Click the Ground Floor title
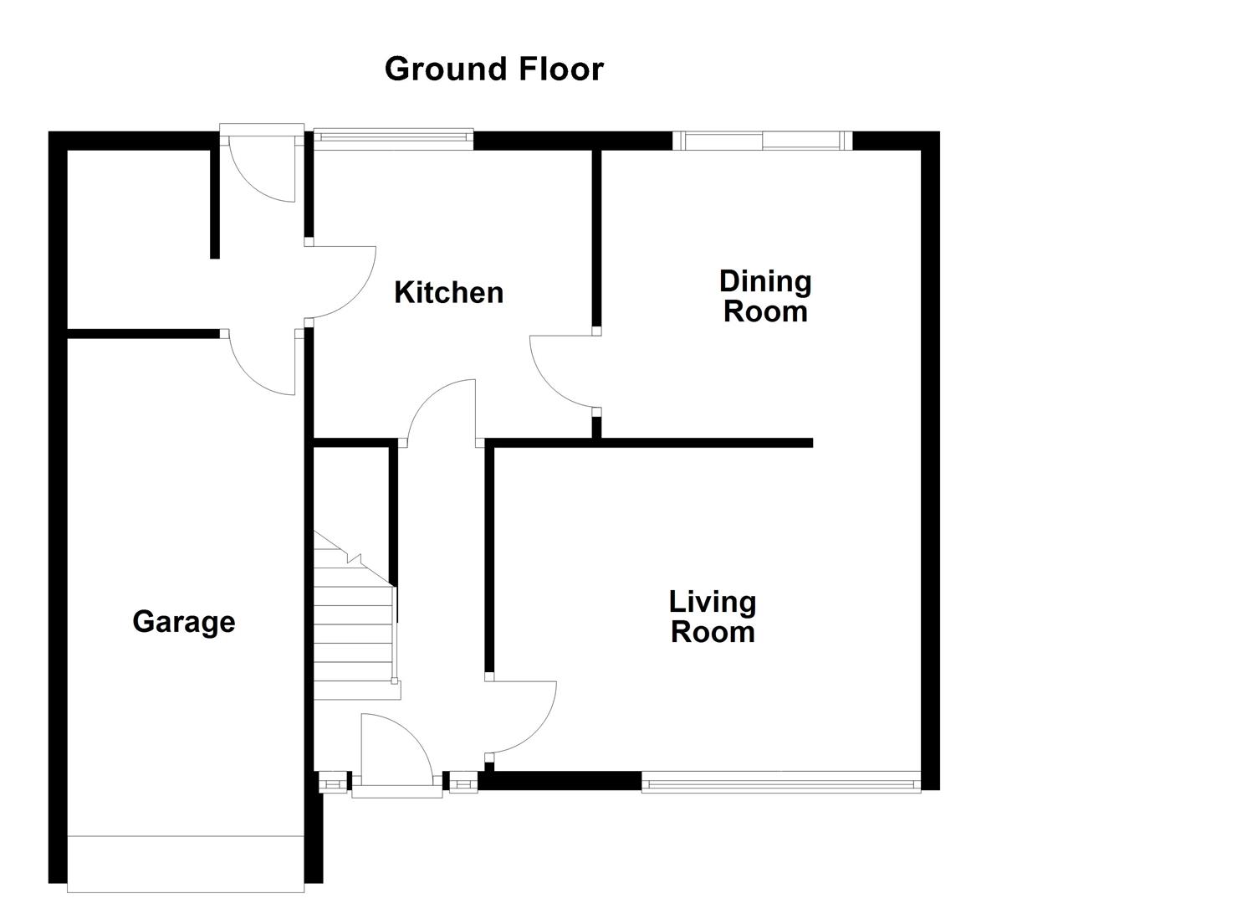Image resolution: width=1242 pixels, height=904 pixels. pyautogui.click(x=493, y=69)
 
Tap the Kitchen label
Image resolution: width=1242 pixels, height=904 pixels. pyautogui.click(x=448, y=292)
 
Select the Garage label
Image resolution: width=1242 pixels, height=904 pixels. pyautogui.click(x=183, y=622)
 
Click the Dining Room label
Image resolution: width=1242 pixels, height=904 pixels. pyautogui.click(x=765, y=296)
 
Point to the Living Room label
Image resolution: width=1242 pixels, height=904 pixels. pyautogui.click(x=713, y=616)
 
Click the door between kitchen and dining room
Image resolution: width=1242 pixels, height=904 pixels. pyautogui.click(x=563, y=372)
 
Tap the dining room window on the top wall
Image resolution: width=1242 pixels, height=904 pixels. pyautogui.click(x=762, y=141)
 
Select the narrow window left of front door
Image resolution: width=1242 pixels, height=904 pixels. pyautogui.click(x=333, y=783)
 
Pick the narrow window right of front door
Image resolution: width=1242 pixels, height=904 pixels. pyautogui.click(x=462, y=783)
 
